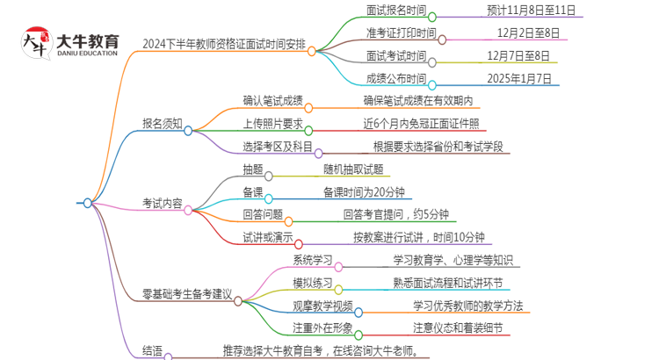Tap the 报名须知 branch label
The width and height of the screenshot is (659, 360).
coord(163,125)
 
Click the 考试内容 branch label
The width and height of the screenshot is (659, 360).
coord(163,204)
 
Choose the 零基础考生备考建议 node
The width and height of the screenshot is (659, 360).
coord(187,294)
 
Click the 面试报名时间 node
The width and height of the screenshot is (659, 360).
coord(396,11)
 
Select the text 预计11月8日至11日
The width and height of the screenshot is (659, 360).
coord(531,11)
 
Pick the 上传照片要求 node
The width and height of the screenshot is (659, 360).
coord(272,124)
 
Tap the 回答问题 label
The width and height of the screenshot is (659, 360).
coord(263,214)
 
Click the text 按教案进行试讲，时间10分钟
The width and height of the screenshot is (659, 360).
coord(417,237)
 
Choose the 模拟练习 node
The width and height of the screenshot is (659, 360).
coord(312,283)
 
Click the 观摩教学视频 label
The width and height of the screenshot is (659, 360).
coord(322,306)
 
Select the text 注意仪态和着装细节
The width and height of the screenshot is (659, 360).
coord(458,328)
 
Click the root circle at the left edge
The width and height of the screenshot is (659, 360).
coord(87,204)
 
